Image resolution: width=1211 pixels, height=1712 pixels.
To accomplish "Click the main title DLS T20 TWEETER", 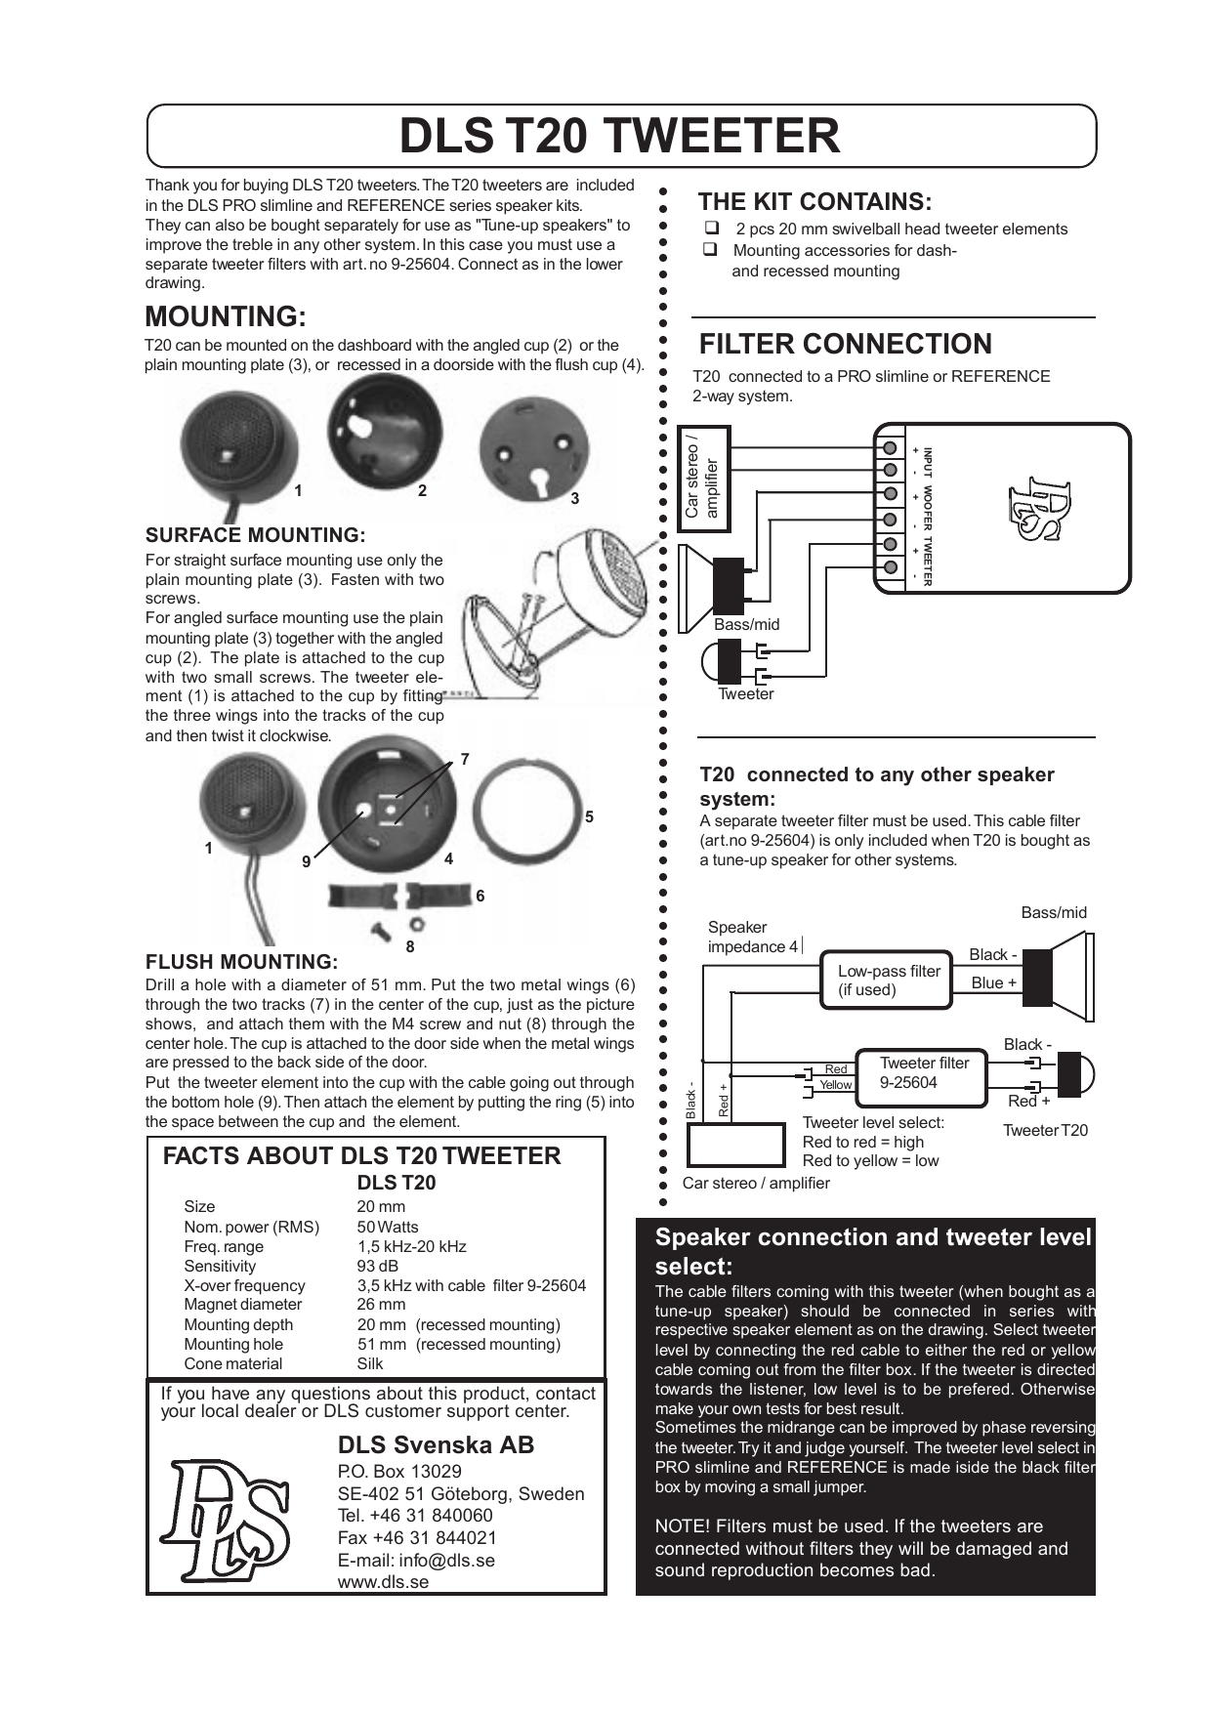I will click(x=619, y=136).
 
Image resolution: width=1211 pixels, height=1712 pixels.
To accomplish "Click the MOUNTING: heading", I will click(x=226, y=316).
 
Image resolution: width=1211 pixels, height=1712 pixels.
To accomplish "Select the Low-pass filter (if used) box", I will click(x=886, y=980).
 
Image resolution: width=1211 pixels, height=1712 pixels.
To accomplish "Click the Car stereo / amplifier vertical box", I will click(x=703, y=479).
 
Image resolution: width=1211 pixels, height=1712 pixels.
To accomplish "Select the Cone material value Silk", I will click(x=369, y=1363).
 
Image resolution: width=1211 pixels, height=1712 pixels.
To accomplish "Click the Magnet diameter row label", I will click(x=242, y=1305).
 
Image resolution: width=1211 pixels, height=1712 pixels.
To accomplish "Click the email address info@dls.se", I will click(x=416, y=1560).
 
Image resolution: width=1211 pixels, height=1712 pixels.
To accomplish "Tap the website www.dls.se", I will click(x=383, y=1582).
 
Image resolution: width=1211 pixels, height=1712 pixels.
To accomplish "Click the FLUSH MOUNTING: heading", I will click(x=241, y=962).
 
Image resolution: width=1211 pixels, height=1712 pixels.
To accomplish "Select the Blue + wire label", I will click(x=993, y=982).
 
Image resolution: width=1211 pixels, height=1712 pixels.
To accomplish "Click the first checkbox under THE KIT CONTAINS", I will click(x=711, y=229).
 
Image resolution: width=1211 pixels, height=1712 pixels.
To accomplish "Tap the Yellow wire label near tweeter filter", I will click(x=835, y=1085).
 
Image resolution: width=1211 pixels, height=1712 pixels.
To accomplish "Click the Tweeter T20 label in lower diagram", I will click(x=1045, y=1130).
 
